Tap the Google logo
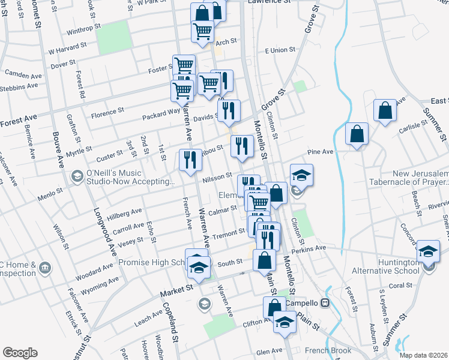[x=20, y=353]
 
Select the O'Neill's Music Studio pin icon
[x=77, y=176]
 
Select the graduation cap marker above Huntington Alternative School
[x=428, y=251]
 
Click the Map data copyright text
[x=423, y=355]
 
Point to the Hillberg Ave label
[x=124, y=213]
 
